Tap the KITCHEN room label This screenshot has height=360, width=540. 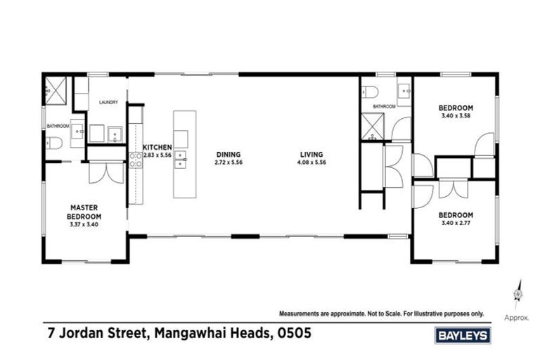(x=157, y=147)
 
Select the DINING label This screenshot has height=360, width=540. (x=229, y=154)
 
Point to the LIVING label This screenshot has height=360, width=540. (x=311, y=154)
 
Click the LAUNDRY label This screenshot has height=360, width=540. (x=108, y=103)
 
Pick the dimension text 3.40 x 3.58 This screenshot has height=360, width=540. (x=455, y=116)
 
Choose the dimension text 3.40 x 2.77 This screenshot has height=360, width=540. (x=455, y=223)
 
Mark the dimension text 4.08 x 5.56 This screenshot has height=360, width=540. (x=311, y=162)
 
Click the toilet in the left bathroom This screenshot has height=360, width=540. (x=55, y=143)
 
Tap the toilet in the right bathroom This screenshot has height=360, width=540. (x=371, y=91)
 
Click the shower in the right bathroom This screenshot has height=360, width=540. (x=371, y=127)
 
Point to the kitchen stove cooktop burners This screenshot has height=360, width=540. (x=136, y=160)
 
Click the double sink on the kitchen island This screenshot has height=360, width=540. (x=181, y=160)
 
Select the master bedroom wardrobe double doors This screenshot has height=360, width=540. (x=106, y=172)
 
